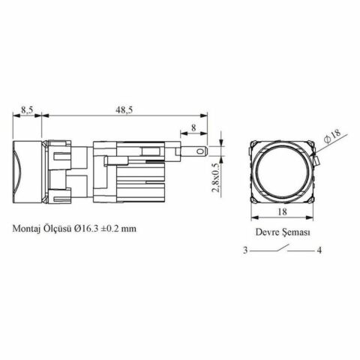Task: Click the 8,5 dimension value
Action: [27, 110]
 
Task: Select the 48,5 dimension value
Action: [124, 110]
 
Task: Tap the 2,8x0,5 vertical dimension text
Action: [216, 178]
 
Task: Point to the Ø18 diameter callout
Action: [333, 136]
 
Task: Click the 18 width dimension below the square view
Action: [282, 211]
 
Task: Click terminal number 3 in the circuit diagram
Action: [245, 250]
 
